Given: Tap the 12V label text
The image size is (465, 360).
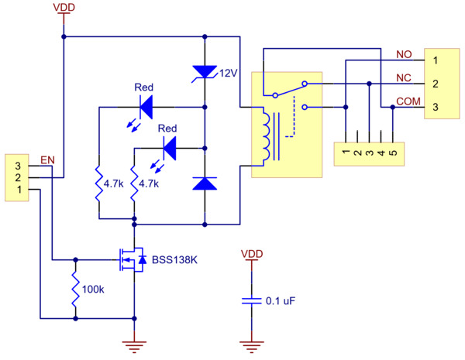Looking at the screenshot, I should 228,74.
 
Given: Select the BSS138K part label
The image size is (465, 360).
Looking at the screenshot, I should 174,260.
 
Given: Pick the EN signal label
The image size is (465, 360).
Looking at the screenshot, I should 46,159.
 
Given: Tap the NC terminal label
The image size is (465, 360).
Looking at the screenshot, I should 403,78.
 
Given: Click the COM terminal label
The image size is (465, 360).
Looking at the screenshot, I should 408,101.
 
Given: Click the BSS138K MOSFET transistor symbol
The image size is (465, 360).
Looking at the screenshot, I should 130,260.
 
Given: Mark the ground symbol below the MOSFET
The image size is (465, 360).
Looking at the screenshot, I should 135,345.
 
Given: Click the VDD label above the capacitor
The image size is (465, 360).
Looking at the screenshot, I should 251,254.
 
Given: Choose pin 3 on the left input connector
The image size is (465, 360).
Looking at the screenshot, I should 18,165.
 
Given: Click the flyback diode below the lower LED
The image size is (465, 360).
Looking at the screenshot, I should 204,183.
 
